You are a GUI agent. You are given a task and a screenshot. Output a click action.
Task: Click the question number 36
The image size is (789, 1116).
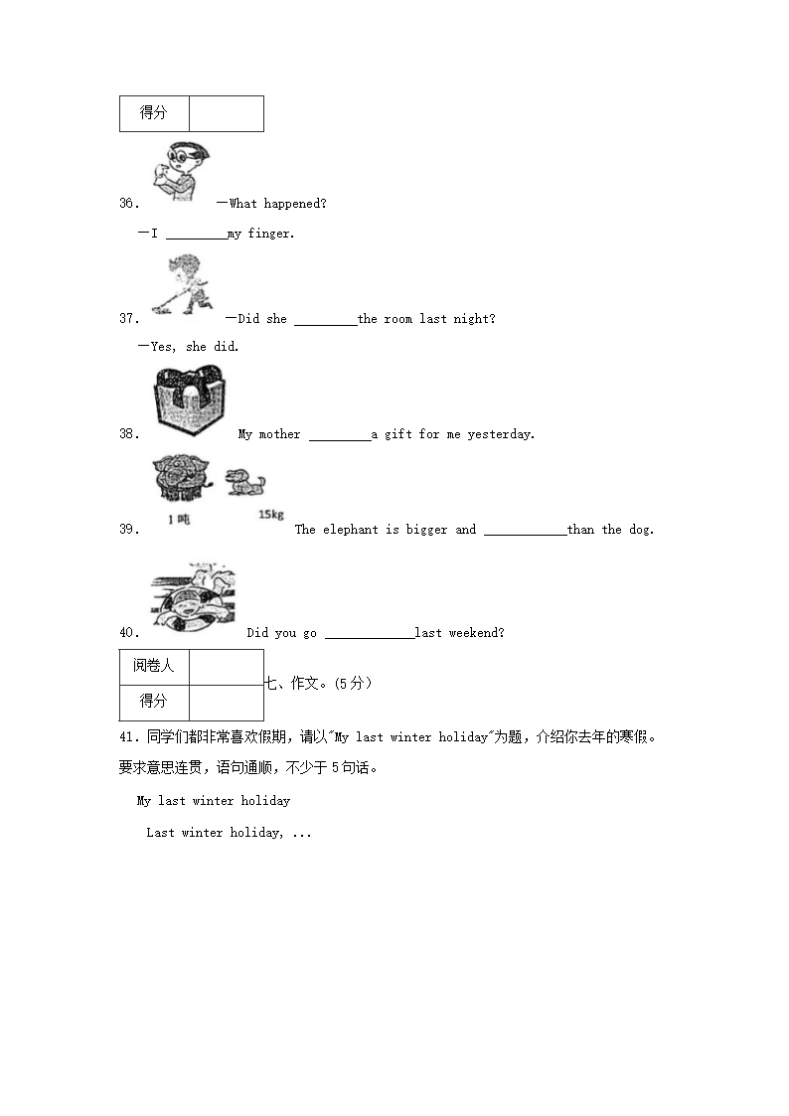click(127, 204)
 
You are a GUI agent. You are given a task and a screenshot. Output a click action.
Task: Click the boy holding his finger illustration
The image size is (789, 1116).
click(182, 171)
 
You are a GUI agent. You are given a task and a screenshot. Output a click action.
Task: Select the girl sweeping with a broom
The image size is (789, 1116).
click(182, 285)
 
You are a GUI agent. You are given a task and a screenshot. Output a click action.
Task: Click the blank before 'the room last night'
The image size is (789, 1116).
click(325, 319)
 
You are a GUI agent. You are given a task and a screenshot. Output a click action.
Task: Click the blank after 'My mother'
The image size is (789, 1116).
click(339, 434)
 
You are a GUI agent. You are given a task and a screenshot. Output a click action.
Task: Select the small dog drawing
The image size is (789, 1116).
click(244, 482)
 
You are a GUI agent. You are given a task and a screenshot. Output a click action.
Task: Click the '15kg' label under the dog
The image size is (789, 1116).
click(270, 514)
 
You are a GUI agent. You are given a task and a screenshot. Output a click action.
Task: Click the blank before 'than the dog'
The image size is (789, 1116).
click(525, 530)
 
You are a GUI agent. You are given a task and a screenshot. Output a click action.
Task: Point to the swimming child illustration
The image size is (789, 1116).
click(193, 600)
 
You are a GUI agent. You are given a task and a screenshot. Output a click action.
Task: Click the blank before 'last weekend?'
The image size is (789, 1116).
click(369, 633)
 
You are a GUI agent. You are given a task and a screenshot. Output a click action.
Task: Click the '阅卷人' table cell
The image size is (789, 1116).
click(154, 666)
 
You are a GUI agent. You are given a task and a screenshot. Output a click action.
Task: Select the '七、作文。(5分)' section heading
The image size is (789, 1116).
click(318, 684)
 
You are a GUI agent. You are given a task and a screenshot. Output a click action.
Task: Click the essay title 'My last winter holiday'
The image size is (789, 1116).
click(213, 801)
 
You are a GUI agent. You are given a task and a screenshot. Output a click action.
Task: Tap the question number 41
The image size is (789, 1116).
click(127, 736)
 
